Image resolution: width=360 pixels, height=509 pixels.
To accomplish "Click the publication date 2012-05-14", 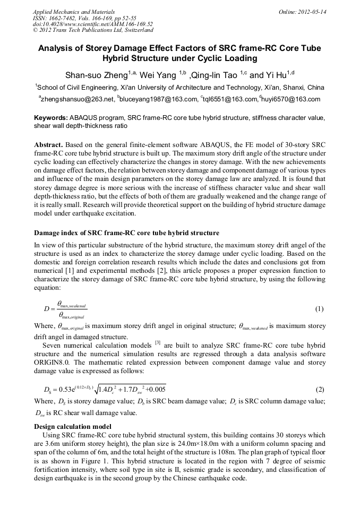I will click(x=312, y=11).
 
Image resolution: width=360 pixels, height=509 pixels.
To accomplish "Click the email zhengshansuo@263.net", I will click(x=78, y=99).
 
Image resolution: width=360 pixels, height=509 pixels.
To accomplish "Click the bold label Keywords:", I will click(x=50, y=117).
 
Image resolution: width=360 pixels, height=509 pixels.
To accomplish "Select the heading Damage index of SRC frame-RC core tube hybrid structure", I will click(x=126, y=233).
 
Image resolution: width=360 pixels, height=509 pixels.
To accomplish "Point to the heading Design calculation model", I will click(x=73, y=426).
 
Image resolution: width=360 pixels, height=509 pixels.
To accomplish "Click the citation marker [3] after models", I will click(x=157, y=342).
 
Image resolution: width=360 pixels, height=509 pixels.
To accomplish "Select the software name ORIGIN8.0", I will click(x=54, y=360).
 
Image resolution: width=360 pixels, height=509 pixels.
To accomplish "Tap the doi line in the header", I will click(x=93, y=24).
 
